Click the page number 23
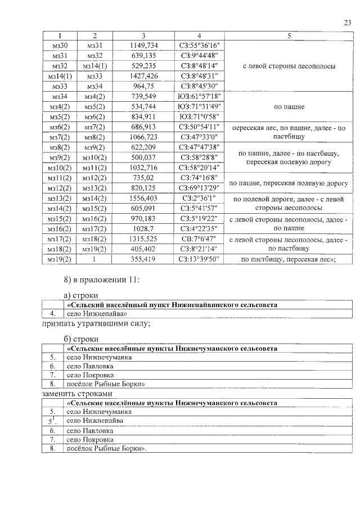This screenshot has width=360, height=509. coord(347,22)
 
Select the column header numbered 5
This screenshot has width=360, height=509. coord(289,37)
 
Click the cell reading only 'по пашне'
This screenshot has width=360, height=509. coord(289,106)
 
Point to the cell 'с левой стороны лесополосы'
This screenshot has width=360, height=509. coord(289,66)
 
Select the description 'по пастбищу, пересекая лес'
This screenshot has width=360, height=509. coord(289,259)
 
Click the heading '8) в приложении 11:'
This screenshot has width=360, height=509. coord(97,280)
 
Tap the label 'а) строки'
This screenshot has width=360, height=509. coord(81,295)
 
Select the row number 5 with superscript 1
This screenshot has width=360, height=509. coord(52,421)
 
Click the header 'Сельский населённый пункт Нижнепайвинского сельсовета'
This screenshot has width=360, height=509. coord(172,304)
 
